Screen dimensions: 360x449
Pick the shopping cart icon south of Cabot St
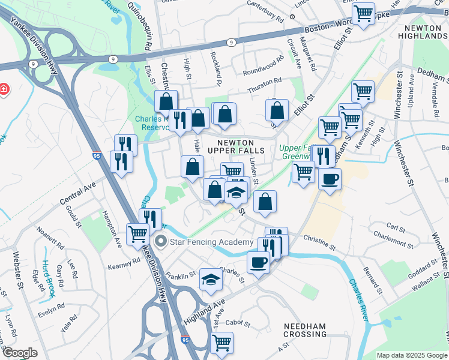point(222,343)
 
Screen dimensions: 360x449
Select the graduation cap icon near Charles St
point(210,279)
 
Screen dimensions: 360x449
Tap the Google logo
point(20,352)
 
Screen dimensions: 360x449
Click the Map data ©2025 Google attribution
point(412,355)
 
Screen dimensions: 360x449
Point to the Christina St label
point(319,241)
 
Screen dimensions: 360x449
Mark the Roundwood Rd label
point(262,66)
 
